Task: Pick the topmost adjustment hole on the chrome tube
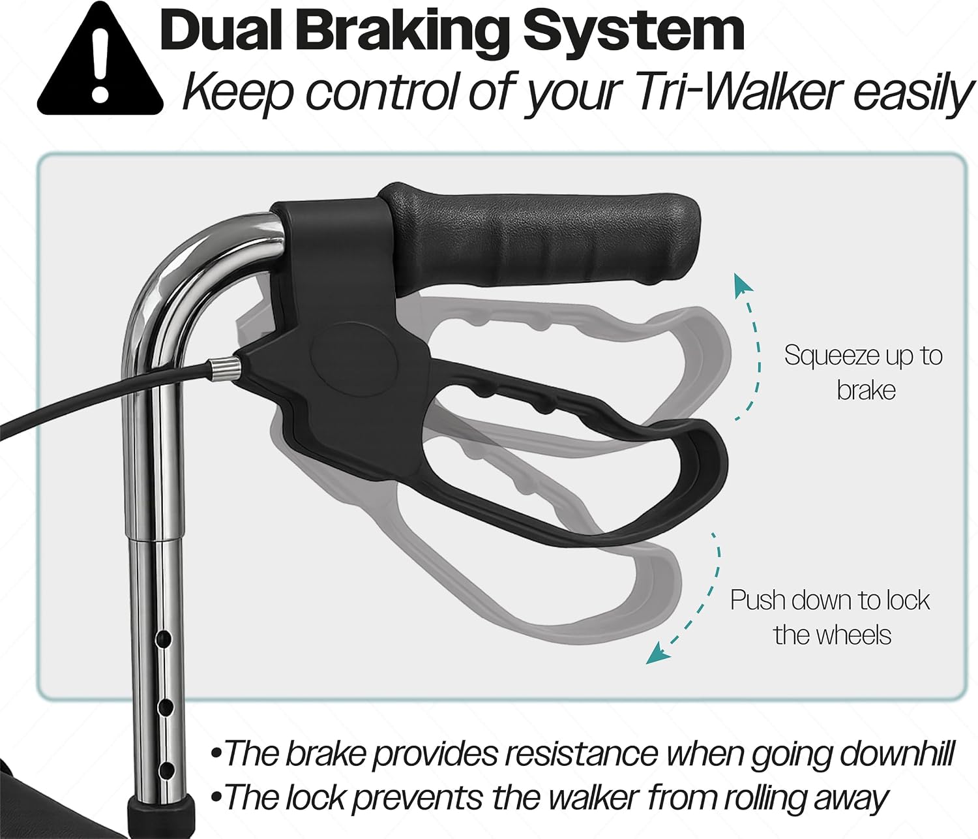click(x=164, y=639)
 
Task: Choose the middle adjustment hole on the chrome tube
click(x=166, y=708)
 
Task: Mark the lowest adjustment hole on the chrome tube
click(x=166, y=770)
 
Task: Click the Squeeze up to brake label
click(x=863, y=373)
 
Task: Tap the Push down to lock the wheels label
click(x=831, y=617)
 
